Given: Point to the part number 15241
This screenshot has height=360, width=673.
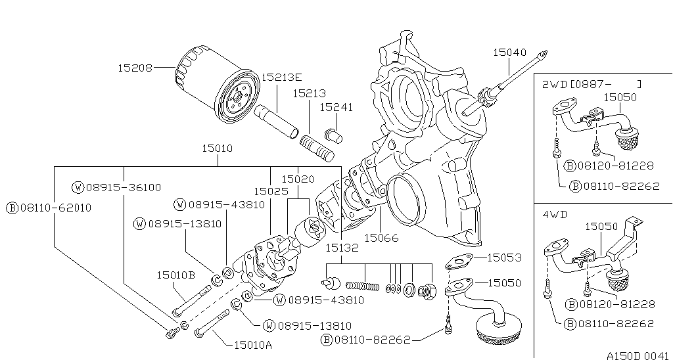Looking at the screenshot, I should click(x=336, y=107).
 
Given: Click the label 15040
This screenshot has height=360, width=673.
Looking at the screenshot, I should click(x=509, y=53).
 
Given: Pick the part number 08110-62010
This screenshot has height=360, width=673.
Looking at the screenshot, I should click(x=49, y=208).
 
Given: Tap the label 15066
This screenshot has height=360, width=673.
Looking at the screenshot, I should click(x=381, y=237).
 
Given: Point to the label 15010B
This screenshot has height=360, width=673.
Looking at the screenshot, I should click(x=175, y=275).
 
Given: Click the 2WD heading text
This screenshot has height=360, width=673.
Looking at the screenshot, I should click(x=553, y=84).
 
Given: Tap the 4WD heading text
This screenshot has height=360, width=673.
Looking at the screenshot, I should click(x=554, y=214).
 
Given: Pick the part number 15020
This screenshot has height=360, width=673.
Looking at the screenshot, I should click(x=298, y=179).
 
